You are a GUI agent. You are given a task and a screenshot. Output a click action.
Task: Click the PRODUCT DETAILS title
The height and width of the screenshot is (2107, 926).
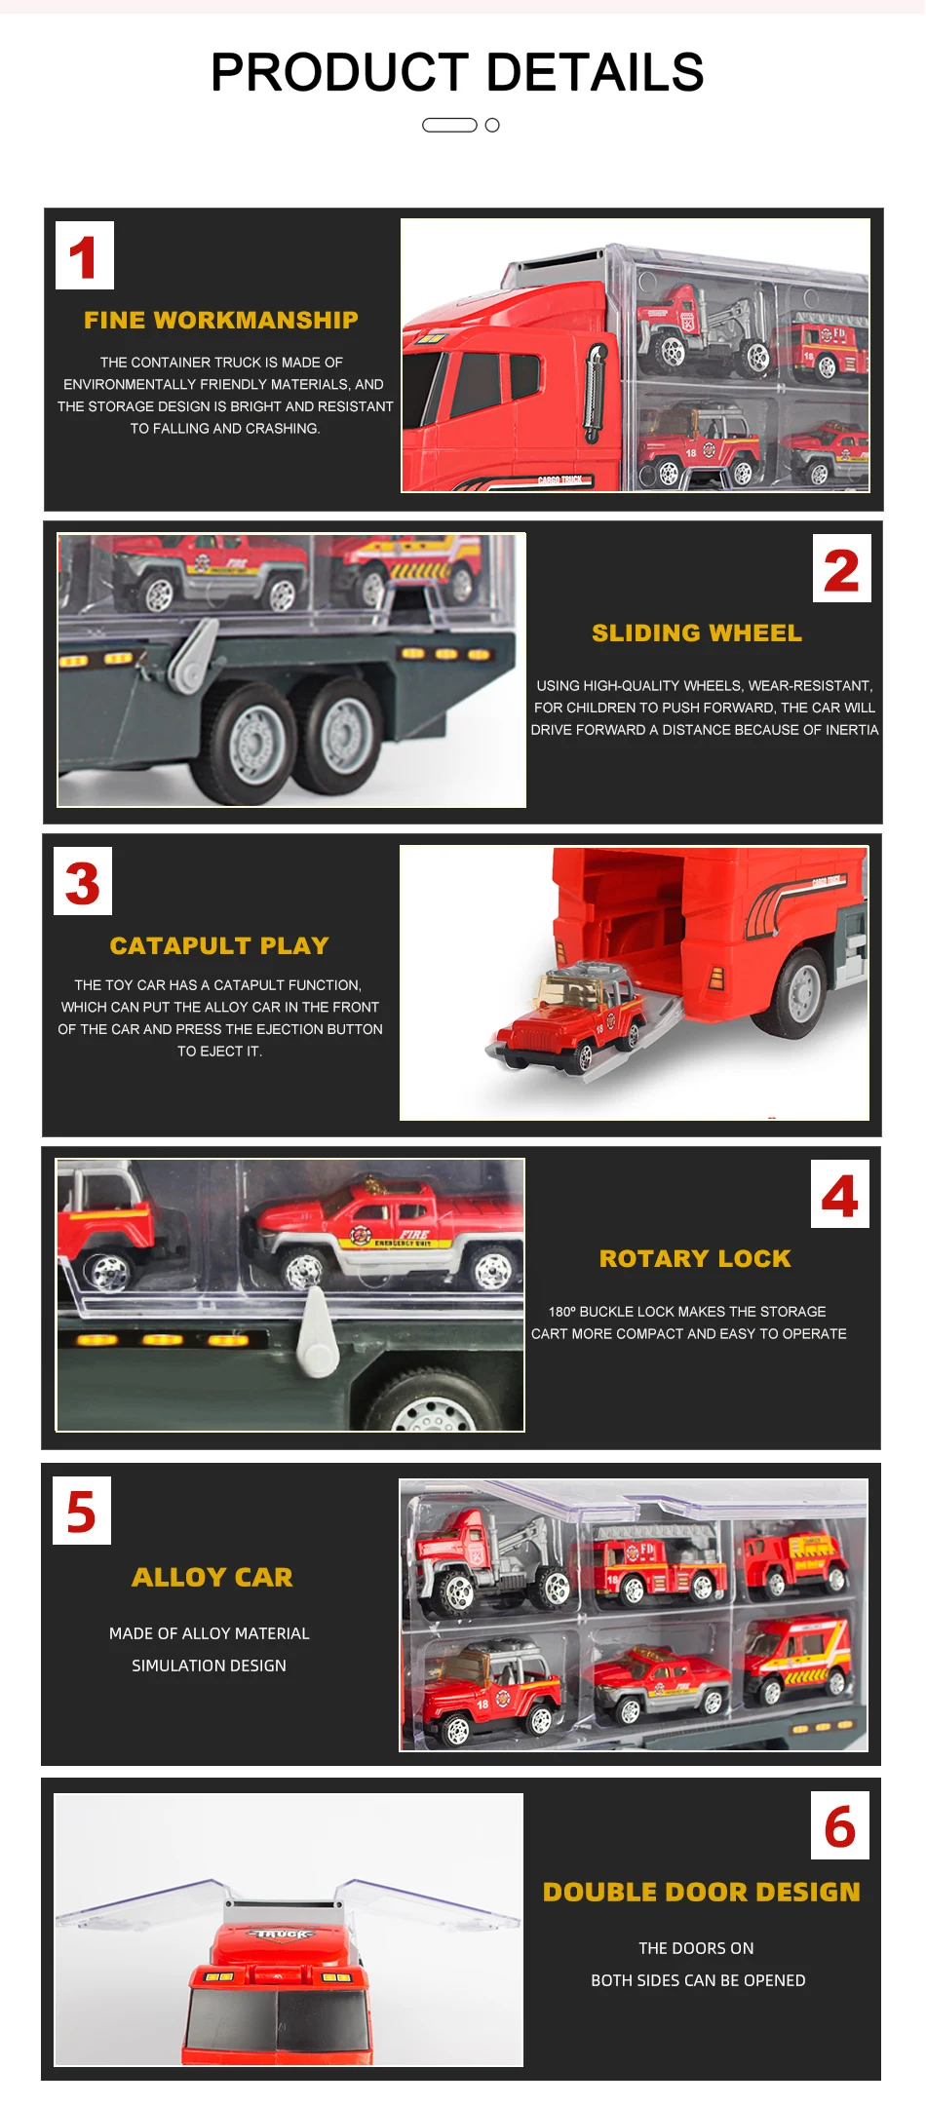pos(457,72)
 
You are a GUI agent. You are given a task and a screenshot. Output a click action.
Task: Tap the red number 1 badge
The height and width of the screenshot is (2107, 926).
pos(85,255)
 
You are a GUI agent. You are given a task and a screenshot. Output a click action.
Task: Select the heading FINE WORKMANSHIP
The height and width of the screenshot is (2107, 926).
pos(221,320)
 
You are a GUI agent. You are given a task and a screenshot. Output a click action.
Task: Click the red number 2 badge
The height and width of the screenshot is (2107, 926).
pos(841,569)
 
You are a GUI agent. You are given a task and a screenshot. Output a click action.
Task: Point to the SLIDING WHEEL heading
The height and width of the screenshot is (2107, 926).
pos(697,632)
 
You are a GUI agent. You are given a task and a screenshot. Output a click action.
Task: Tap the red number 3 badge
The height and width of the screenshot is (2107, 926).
pos(83,882)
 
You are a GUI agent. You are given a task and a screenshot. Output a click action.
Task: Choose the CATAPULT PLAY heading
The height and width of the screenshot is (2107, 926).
pos(219,945)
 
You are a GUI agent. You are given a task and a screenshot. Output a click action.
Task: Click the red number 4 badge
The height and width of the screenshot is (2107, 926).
pos(839,1195)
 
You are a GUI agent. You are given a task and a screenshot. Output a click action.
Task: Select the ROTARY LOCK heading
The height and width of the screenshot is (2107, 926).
pos(695,1258)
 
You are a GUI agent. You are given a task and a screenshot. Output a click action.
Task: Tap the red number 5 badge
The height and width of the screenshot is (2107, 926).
pos(82,1511)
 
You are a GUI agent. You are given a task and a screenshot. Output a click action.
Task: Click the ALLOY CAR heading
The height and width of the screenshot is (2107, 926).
pos(212,1577)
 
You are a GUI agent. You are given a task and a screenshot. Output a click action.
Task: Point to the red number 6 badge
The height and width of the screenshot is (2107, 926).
pos(839,1826)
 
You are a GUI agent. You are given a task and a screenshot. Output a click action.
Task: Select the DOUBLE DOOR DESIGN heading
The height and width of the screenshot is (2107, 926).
pos(702,1892)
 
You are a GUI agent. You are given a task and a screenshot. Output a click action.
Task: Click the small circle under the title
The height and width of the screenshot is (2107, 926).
pos(492,125)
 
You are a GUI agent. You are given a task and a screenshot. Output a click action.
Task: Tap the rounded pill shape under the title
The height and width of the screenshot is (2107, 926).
pos(449,125)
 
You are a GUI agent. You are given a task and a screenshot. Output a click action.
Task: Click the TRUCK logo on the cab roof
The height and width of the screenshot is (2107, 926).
pos(284,1934)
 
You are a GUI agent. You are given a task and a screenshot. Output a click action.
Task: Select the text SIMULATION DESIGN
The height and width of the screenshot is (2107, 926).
pos(209,1666)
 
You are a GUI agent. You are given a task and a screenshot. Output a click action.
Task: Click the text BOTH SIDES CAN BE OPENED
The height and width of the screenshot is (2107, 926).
pos(698,1980)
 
